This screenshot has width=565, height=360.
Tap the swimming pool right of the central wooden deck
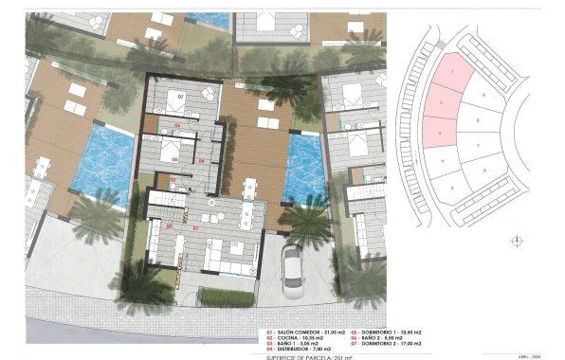pos(304,167)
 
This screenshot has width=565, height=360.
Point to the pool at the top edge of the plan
pos(209,19)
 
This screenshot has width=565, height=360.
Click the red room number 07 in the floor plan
pos(181,98)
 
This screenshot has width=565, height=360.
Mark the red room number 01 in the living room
pos(195,228)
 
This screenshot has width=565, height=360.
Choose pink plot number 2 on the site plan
pos(441,102)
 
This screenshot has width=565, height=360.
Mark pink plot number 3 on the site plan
pos(437,133)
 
